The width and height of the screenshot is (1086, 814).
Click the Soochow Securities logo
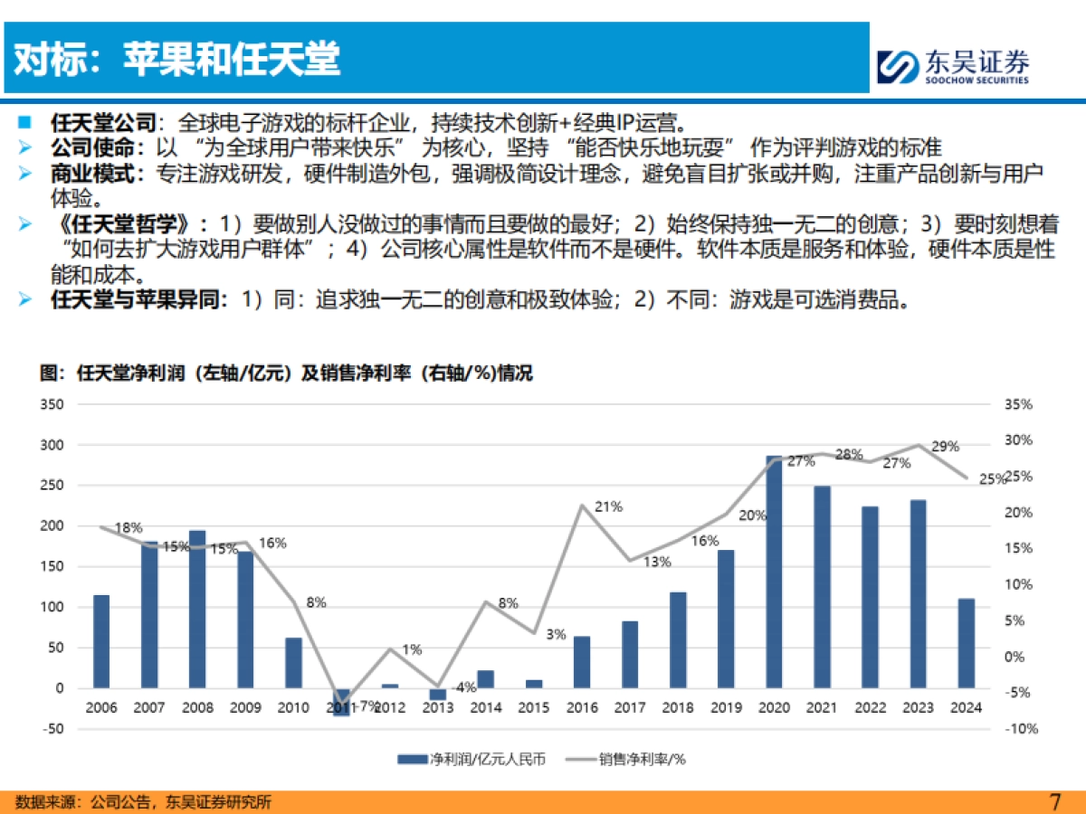pyautogui.click(x=953, y=66)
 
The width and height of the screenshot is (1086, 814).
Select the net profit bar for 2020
pyautogui.click(x=774, y=572)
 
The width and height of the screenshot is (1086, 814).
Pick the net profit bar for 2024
pyautogui.click(x=967, y=643)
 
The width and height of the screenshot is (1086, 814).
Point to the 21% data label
pyautogui.click(x=608, y=507)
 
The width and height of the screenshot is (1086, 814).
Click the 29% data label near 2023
pyautogui.click(x=945, y=447)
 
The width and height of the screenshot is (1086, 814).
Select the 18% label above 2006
pyautogui.click(x=129, y=528)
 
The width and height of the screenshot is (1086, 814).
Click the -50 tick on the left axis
pyautogui.click(x=53, y=728)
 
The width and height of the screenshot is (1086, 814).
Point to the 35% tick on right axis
pyautogui.click(x=1018, y=404)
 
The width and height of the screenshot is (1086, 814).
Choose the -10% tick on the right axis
pyautogui.click(x=1020, y=728)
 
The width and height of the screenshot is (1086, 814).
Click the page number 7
pyautogui.click(x=1053, y=801)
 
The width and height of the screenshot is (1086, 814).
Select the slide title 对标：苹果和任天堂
pyautogui.click(x=177, y=60)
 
